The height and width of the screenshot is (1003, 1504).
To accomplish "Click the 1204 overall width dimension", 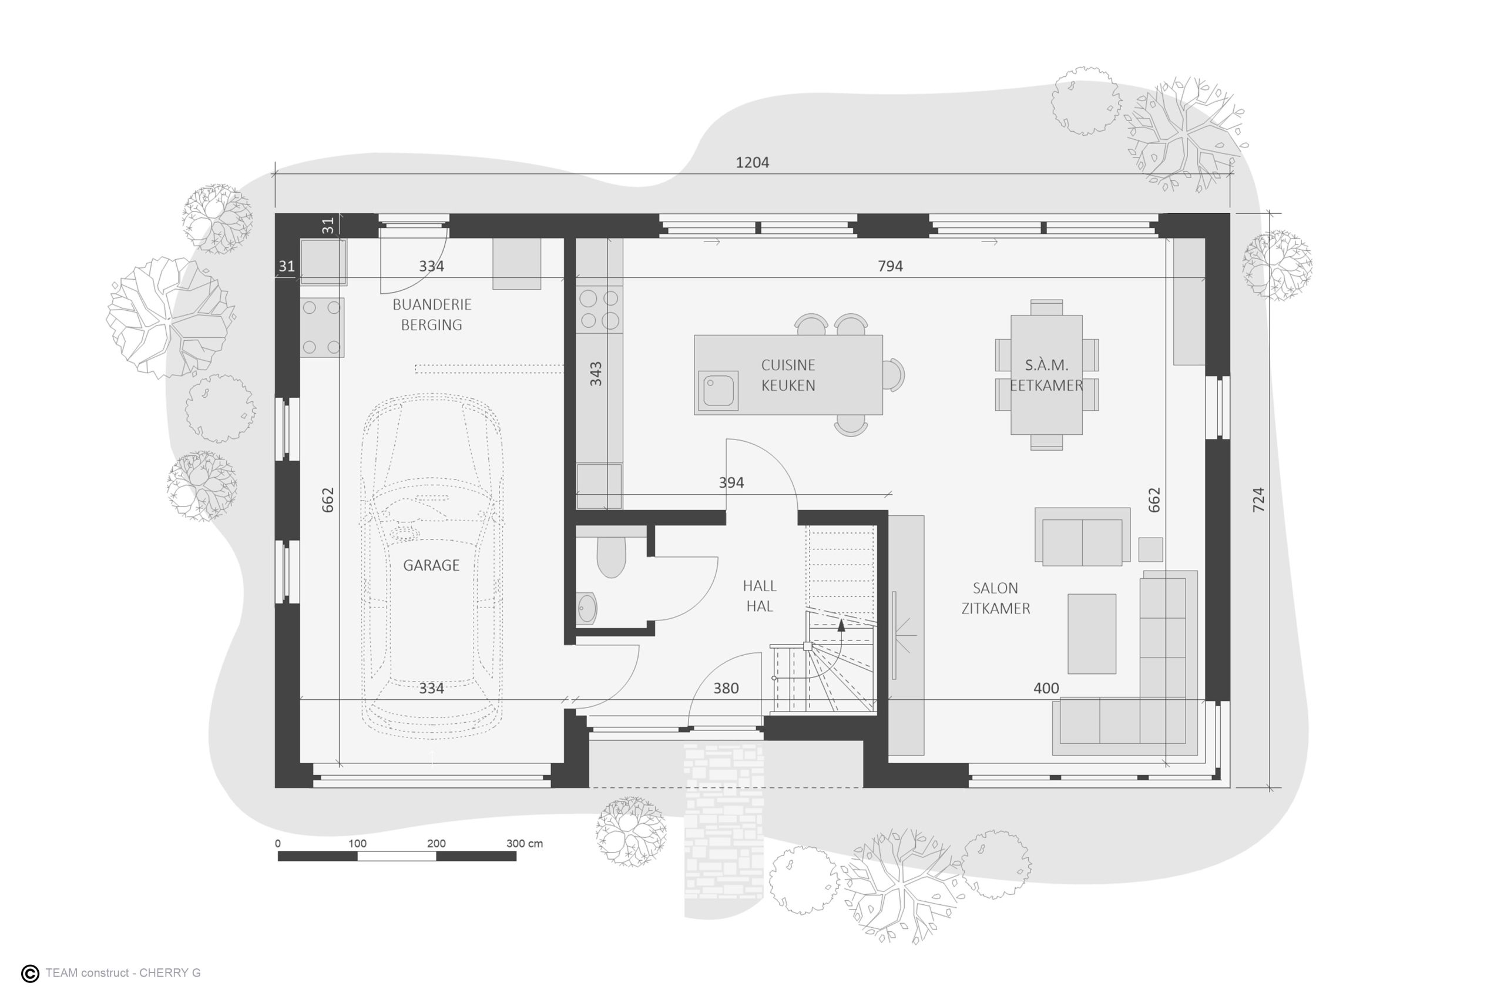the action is [x=752, y=163].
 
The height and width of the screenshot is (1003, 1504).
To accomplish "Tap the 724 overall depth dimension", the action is [x=1258, y=499].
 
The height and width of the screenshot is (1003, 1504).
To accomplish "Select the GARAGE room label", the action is [x=431, y=565].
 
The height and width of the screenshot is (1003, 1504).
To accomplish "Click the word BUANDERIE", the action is [x=432, y=304].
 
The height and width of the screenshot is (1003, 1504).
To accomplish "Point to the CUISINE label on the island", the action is [x=788, y=365].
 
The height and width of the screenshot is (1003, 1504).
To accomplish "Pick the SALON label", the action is [x=995, y=588].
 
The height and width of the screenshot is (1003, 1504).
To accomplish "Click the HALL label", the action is [x=760, y=586].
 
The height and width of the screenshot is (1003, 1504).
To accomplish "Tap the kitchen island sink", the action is [x=718, y=391].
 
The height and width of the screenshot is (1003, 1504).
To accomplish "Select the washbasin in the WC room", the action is [x=586, y=608].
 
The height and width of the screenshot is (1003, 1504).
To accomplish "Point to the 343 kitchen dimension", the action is [x=595, y=374].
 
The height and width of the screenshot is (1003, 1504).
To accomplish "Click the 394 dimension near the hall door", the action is [x=731, y=483].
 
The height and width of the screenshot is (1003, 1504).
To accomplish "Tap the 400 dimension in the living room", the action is [x=1046, y=688].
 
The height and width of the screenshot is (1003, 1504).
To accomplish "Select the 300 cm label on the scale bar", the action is [x=525, y=844].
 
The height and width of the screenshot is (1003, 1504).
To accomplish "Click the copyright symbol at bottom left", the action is [x=30, y=974].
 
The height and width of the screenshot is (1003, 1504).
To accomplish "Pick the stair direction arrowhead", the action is [x=841, y=625].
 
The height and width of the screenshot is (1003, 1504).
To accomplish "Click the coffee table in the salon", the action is [x=1092, y=634].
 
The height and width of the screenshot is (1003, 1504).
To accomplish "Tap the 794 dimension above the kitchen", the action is [x=890, y=266].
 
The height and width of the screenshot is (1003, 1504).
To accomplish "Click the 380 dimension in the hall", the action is [x=726, y=688].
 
